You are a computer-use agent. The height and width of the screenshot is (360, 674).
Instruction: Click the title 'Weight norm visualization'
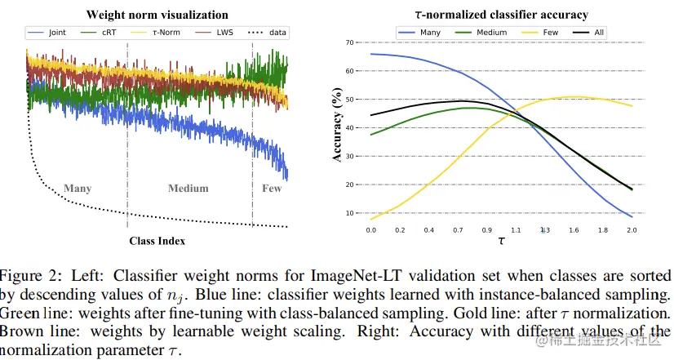(157, 15)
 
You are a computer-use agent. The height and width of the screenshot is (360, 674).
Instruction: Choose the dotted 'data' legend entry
(266, 33)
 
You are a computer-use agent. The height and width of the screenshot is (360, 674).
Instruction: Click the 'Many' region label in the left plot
(78, 189)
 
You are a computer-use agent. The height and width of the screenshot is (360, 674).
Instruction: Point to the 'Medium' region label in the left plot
(188, 189)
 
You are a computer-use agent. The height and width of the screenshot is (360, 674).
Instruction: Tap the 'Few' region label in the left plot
(271, 189)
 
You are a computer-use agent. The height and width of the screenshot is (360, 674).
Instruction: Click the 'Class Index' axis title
(157, 241)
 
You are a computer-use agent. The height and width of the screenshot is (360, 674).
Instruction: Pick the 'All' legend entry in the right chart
(600, 33)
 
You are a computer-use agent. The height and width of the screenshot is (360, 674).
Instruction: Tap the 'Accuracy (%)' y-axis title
(337, 128)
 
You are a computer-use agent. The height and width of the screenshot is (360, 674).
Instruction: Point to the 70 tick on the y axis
(349, 42)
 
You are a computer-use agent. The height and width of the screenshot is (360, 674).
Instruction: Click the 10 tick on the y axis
(349, 214)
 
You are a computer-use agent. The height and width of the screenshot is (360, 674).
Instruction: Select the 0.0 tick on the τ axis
(371, 231)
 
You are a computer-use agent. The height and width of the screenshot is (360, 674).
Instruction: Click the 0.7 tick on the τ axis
(458, 231)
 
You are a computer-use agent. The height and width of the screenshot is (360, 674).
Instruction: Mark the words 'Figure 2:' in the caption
(30, 274)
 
